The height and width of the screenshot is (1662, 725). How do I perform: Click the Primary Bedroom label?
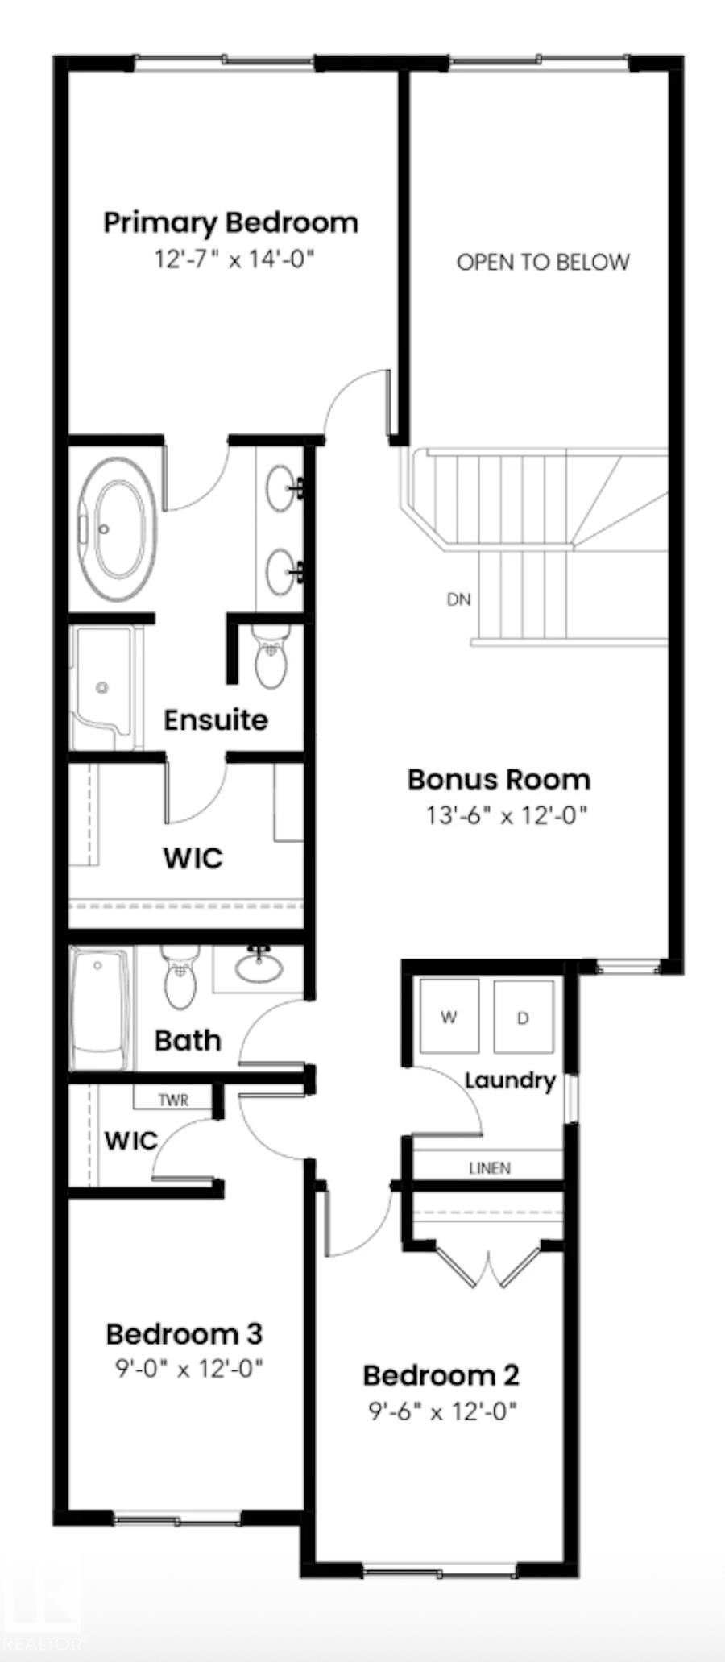coord(231,222)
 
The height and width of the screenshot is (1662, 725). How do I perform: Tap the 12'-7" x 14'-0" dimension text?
coord(233,259)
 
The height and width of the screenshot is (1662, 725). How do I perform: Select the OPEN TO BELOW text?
coord(542,262)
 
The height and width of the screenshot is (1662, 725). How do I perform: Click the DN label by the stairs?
coord(458,599)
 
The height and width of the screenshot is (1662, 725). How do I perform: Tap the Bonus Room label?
coord(499,779)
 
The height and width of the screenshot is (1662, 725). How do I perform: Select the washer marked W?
coord(449,1017)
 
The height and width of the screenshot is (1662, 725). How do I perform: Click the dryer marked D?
coord(523,1018)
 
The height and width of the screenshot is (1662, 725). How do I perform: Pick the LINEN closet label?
coord(489,1167)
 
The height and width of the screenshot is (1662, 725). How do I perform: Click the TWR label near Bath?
coord(172,1100)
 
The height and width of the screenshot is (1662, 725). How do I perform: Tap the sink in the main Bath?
coord(259,967)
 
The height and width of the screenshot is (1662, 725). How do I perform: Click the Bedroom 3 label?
coord(184,1334)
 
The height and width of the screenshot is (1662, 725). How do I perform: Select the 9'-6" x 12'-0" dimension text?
coord(442,1411)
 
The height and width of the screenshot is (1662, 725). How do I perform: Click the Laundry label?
coord(510,1080)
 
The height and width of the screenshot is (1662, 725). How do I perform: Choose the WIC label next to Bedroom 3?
coord(130,1141)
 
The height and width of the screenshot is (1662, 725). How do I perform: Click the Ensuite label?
coord(215,719)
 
